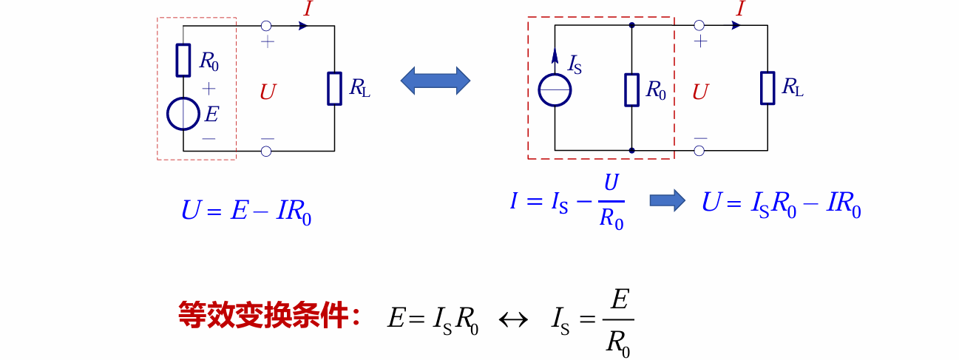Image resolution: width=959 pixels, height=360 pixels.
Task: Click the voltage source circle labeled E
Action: pos(183,114)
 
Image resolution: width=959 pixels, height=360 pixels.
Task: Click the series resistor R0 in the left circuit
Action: pos(183,60)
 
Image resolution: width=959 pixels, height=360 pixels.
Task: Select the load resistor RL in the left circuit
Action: pos(335,88)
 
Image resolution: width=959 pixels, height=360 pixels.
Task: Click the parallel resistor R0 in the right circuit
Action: pos(631,89)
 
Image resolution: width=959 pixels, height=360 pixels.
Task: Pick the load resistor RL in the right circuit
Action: pos(767,88)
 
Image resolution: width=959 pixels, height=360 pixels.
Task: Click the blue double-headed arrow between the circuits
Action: pos(436,81)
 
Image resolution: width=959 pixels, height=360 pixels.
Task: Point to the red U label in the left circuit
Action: pos(268,92)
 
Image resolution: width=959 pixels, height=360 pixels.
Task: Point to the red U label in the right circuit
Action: pos(700,92)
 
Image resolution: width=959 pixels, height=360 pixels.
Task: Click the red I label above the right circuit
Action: pos(740,10)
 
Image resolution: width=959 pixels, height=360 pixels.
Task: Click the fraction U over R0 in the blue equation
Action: pos(611,202)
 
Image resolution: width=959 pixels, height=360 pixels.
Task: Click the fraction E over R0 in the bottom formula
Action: pos(618,322)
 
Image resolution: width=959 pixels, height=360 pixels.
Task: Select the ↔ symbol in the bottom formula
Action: pos(514,319)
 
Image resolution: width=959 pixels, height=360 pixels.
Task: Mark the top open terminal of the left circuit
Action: pos(266,25)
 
